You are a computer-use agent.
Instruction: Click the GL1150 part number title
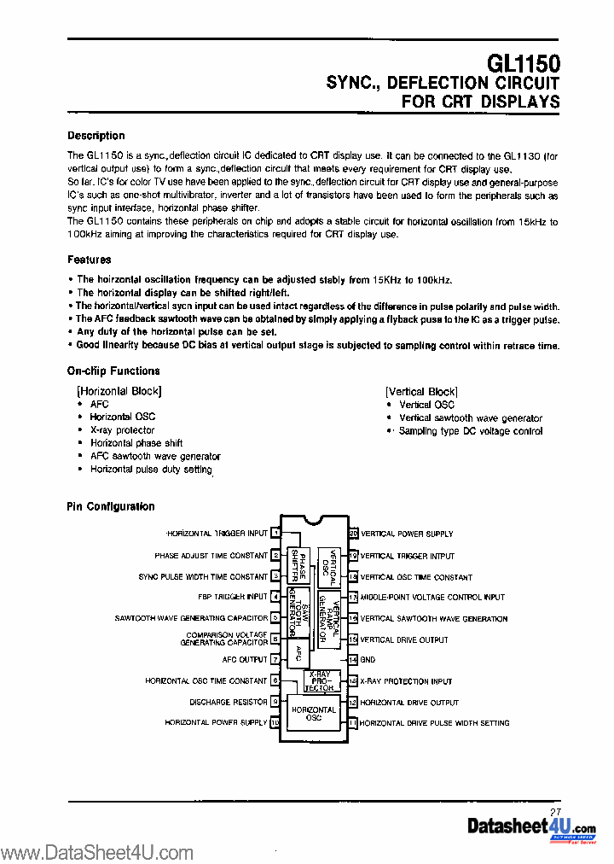tap(523, 64)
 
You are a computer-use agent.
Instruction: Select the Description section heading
tap(96, 136)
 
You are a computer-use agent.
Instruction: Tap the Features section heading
tap(90, 260)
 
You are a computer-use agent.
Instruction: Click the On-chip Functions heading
tap(113, 371)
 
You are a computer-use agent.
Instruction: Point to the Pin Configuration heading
tap(111, 506)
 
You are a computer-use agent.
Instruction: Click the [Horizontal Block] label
tap(119, 391)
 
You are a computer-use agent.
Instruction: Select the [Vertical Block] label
tap(421, 392)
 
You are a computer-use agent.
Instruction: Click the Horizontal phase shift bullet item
tap(136, 443)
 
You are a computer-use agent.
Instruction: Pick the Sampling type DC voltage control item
tap(471, 431)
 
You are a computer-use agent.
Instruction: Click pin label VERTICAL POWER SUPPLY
tap(407, 534)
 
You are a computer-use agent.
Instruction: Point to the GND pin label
tap(368, 660)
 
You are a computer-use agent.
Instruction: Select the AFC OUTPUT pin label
tap(245, 660)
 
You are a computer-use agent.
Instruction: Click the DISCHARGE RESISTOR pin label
tap(229, 702)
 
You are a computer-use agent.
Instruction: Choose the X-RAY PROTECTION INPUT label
tap(406, 681)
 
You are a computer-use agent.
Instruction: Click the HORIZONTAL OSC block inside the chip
tap(313, 715)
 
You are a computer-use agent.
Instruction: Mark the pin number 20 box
tap(353, 534)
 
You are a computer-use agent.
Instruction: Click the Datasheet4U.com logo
tap(531, 827)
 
